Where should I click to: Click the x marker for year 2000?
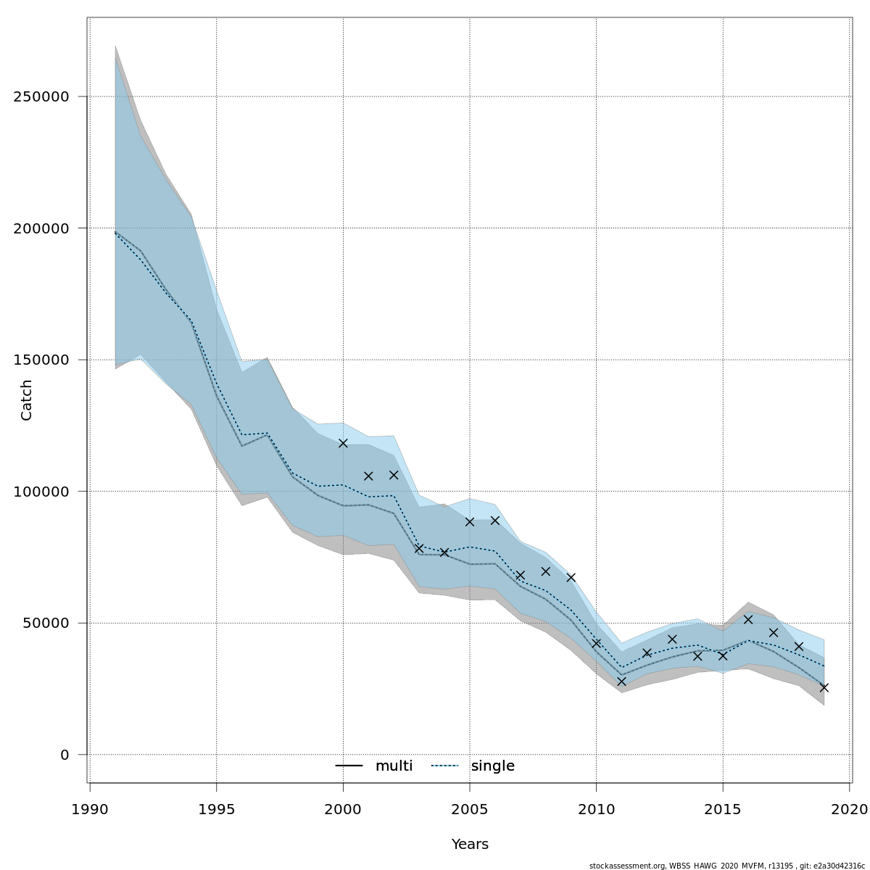[343, 443]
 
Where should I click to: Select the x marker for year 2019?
[824, 687]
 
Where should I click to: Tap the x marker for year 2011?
[621, 681]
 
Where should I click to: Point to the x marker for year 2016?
[748, 619]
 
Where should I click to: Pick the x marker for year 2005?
[470, 521]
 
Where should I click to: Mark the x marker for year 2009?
[571, 577]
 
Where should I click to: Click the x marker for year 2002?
[394, 475]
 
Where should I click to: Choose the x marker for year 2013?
[672, 639]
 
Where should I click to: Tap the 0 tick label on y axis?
[65, 755]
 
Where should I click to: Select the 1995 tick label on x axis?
[217, 808]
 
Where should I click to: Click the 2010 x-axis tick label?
[596, 808]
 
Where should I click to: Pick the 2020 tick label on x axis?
[849, 808]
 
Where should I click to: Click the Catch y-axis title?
[27, 399]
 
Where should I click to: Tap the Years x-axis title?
[470, 845]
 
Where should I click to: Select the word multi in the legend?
[394, 766]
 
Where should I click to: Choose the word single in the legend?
[493, 766]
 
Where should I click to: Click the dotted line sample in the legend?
[446, 766]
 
